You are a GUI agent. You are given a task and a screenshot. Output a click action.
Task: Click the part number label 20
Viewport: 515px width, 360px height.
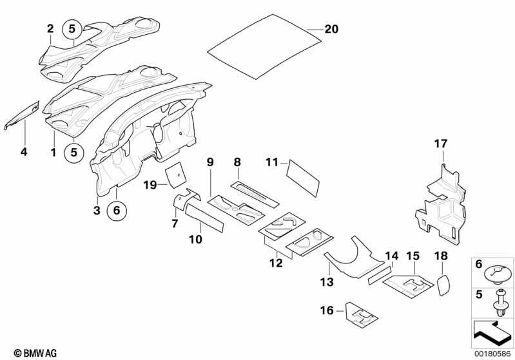[x=331, y=30]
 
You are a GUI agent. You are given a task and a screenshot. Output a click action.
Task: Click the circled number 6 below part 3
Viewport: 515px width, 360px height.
[x=116, y=210]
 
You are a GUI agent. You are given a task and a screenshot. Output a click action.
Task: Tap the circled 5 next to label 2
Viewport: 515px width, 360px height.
[x=72, y=28]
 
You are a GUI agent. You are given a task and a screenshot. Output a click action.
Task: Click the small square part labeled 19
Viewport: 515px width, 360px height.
[x=175, y=174]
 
